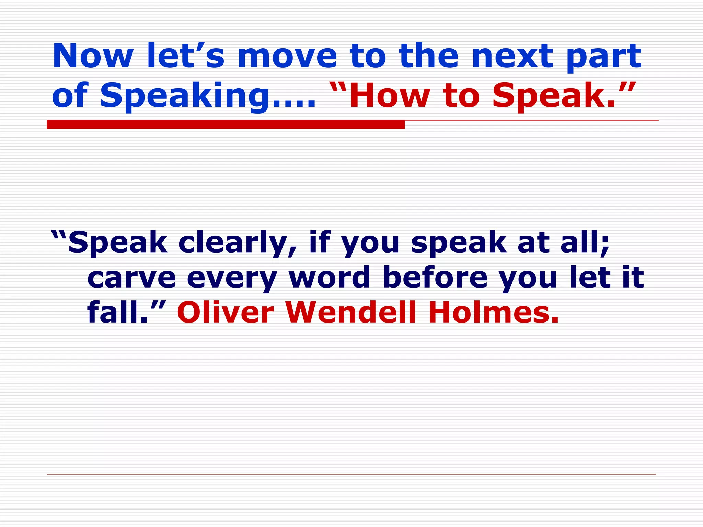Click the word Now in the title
(93, 56)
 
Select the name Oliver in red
(225, 312)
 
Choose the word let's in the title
(185, 56)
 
